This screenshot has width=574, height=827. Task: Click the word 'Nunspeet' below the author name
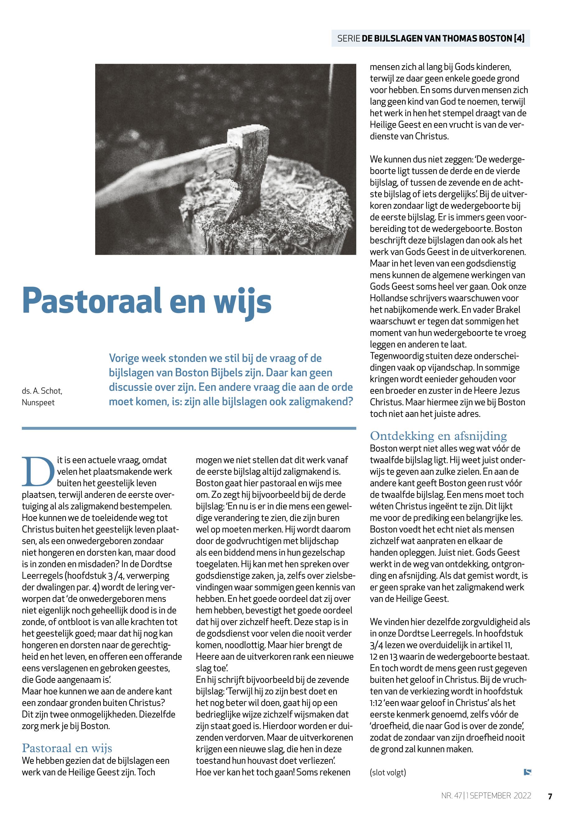(38, 403)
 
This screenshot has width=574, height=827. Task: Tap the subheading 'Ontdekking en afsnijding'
(438, 436)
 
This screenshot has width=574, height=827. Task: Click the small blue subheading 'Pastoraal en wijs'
(67, 748)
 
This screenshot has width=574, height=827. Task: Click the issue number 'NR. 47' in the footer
(451, 796)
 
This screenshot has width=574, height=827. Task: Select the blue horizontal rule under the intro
(189, 428)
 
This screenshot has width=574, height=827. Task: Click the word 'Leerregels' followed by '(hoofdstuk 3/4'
(42, 576)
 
